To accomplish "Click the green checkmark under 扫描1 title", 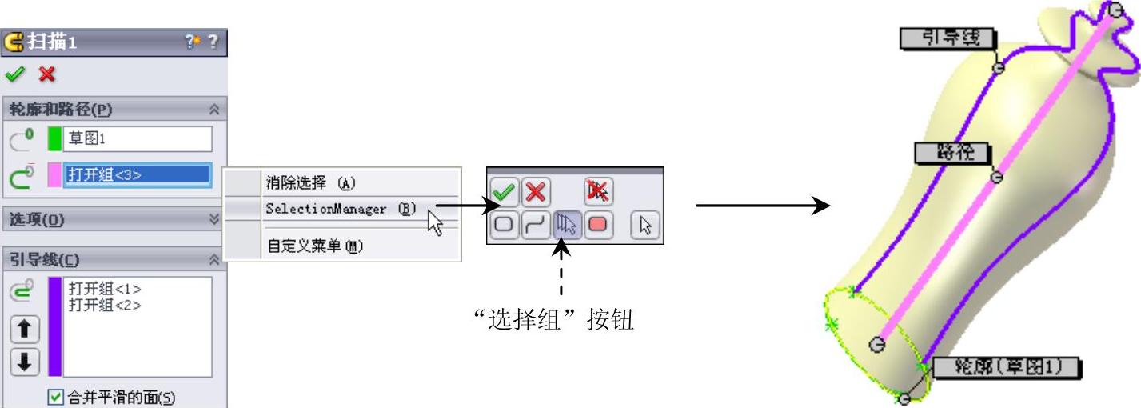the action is click(x=14, y=74).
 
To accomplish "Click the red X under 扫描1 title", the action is click(x=47, y=74).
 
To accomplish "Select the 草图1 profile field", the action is click(x=137, y=138).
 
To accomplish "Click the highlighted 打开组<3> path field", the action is click(x=137, y=175).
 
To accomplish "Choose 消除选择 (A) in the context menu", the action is click(x=309, y=182).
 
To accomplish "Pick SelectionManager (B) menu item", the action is click(x=341, y=208).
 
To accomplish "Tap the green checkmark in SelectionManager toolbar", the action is click(x=504, y=193).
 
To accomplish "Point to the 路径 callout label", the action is click(x=951, y=152).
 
